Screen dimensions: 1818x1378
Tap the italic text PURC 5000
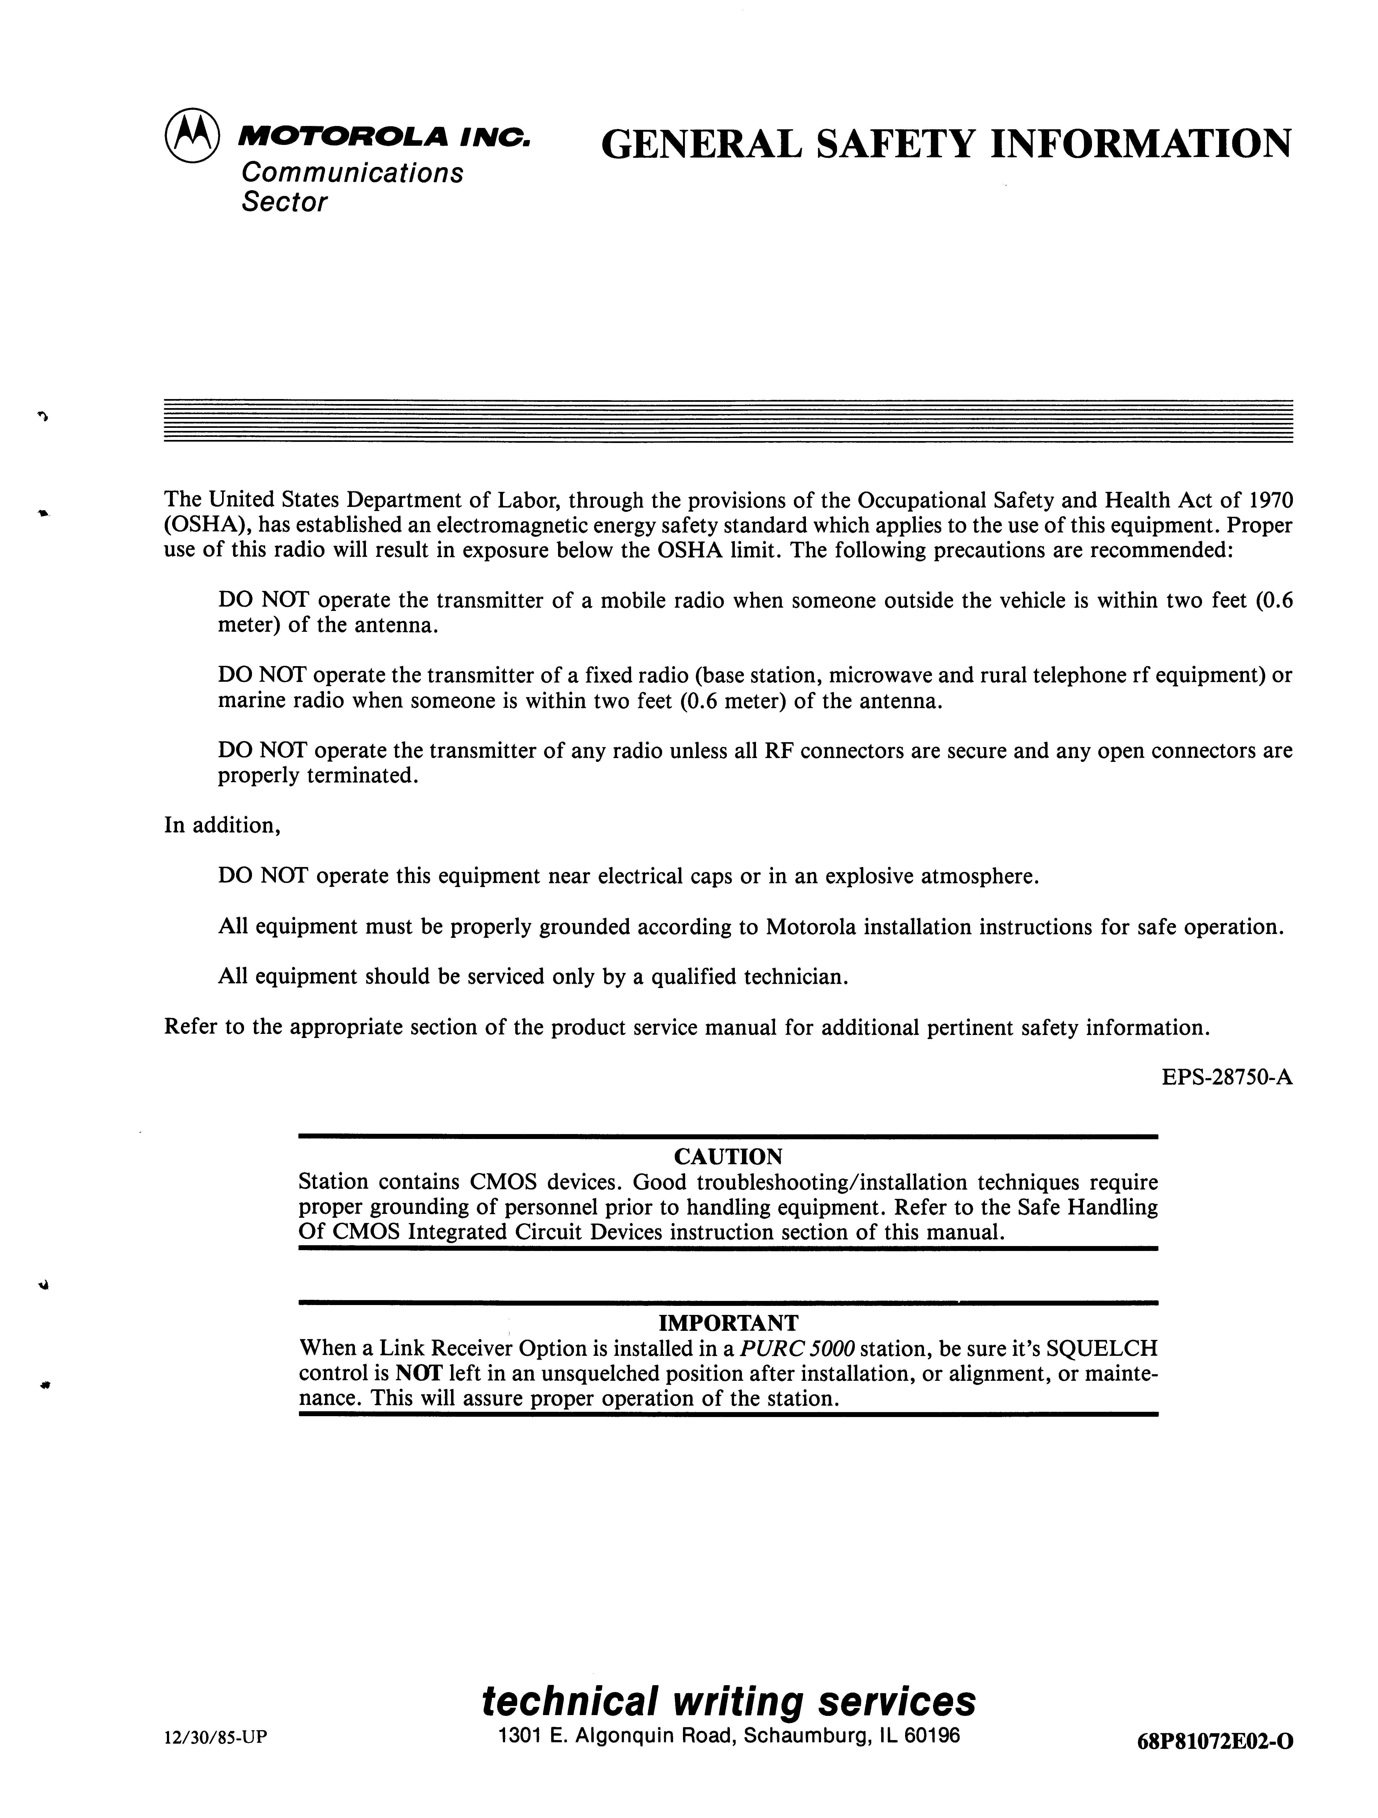[x=797, y=1349]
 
